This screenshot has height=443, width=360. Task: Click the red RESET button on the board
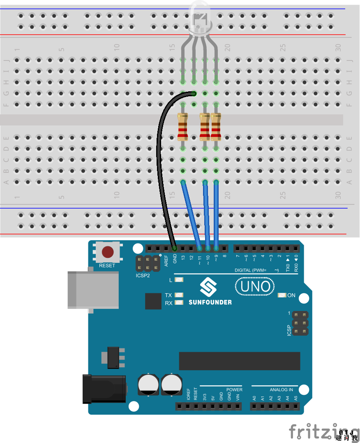[108, 251]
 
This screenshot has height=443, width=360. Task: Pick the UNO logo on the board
[255, 287]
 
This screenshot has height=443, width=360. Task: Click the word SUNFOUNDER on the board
[210, 302]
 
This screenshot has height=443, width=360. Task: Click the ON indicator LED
[282, 295]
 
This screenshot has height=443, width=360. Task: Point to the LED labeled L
[179, 280]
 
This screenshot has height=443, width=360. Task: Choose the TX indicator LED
[179, 295]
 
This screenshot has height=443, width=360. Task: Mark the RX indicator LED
[179, 303]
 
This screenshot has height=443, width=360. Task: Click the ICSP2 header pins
[148, 264]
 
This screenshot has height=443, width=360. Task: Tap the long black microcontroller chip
[239, 361]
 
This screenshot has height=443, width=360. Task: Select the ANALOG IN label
[281, 390]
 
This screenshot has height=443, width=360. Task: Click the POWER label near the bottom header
[234, 390]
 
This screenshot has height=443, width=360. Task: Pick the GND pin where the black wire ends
[175, 248]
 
